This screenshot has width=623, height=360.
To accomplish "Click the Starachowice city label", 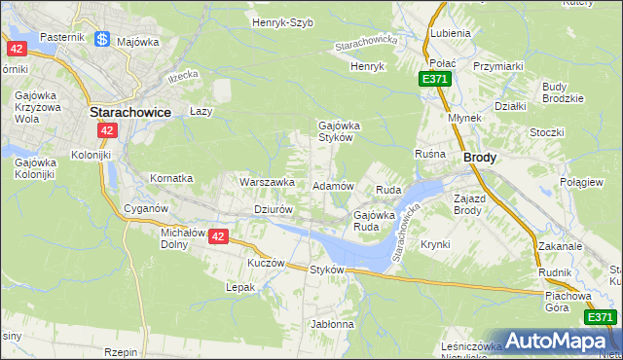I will coord(129,112).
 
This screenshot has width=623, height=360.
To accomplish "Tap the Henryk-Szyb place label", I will coord(282,22).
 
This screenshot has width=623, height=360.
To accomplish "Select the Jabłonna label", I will coord(332,323).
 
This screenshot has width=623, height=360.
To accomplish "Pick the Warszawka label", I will coord(267,182).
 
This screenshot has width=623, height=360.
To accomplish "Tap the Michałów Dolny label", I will coord(181,239).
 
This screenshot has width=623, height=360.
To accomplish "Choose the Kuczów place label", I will coord(266,263).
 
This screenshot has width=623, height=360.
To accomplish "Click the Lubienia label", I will coord(449,32).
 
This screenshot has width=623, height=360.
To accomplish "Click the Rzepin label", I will coord(122,352).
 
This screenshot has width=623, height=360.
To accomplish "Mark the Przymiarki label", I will coord(498,65).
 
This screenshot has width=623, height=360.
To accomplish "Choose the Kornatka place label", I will coord(171,179).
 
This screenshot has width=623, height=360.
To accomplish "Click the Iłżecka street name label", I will coord(182,75).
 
